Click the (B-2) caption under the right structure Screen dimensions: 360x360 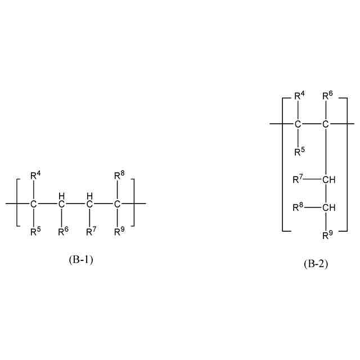(x=316, y=263)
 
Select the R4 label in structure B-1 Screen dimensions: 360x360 (x=35, y=176)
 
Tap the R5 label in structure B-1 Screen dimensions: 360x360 (x=35, y=231)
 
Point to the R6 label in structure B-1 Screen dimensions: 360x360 (x=63, y=231)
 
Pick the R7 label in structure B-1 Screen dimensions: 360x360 (x=91, y=231)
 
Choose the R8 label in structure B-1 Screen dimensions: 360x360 (x=119, y=176)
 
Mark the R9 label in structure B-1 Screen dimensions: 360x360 (x=119, y=231)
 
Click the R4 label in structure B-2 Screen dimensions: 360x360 (x=300, y=96)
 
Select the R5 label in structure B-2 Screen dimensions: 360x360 (x=300, y=151)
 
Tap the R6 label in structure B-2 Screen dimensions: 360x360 (x=327, y=96)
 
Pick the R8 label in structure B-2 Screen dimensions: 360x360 (x=298, y=208)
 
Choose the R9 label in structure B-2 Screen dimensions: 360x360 (x=327, y=235)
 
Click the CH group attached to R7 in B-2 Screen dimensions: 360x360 (x=329, y=180)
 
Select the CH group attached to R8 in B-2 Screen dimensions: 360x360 (x=329, y=208)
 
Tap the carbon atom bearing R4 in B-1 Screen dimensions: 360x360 (x=34, y=203)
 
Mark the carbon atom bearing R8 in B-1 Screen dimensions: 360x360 (x=118, y=203)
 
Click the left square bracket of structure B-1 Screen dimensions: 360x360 (x=18, y=203)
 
